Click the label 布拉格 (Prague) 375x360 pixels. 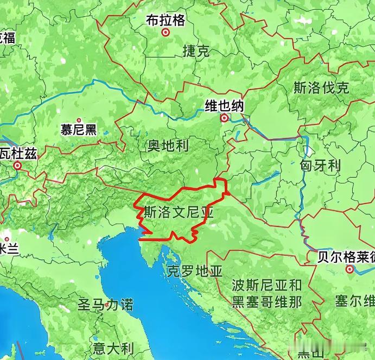(166, 20)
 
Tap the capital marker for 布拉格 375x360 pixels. (166, 33)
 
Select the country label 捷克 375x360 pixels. (196, 52)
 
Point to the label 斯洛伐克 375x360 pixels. (321, 88)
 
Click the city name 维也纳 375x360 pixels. (224, 106)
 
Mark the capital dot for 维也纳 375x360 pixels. (224, 118)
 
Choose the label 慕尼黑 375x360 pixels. (79, 129)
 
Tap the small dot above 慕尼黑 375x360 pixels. (79, 121)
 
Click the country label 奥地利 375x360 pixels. (168, 145)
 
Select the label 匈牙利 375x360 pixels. (320, 165)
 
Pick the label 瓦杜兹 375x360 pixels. (18, 154)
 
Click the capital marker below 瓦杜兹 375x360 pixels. (18, 166)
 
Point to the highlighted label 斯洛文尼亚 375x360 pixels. (179, 212)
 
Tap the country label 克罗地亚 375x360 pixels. (195, 271)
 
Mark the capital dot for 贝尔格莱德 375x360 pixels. (349, 269)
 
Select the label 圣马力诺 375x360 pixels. (105, 304)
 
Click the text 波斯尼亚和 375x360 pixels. (266, 285)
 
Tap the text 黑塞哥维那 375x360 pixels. (266, 301)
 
